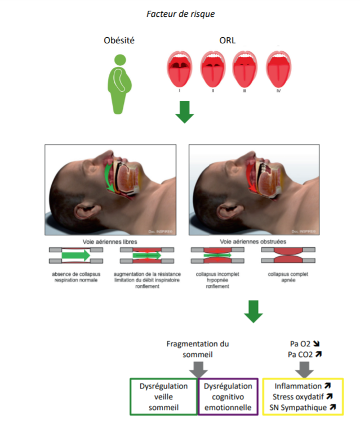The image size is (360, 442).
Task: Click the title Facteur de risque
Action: [x=180, y=14]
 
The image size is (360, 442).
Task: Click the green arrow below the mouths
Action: [x=184, y=112]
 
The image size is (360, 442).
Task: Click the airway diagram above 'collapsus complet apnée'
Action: [x=288, y=257]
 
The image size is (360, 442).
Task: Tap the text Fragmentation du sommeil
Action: [x=198, y=348]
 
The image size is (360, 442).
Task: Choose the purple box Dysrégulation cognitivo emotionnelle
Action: [x=229, y=396]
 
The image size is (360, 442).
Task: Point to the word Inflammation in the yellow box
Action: [x=297, y=386]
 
